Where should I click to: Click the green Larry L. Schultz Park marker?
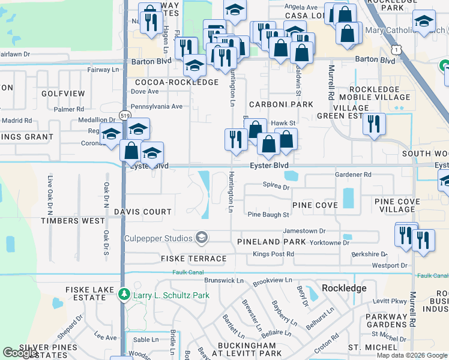pos(124,295)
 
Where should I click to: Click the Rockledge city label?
pos(344,288)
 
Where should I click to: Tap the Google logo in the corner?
pos(20,353)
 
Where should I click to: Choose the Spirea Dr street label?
pos(276,187)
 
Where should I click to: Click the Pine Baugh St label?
pos(268,214)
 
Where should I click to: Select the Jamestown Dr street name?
pos(304,230)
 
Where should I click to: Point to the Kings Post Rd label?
pos(273,254)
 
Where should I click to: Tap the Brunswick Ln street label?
pos(224,280)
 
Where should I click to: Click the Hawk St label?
pos(283,123)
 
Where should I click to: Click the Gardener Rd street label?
pos(354,175)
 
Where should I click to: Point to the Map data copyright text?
pos(412,355)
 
